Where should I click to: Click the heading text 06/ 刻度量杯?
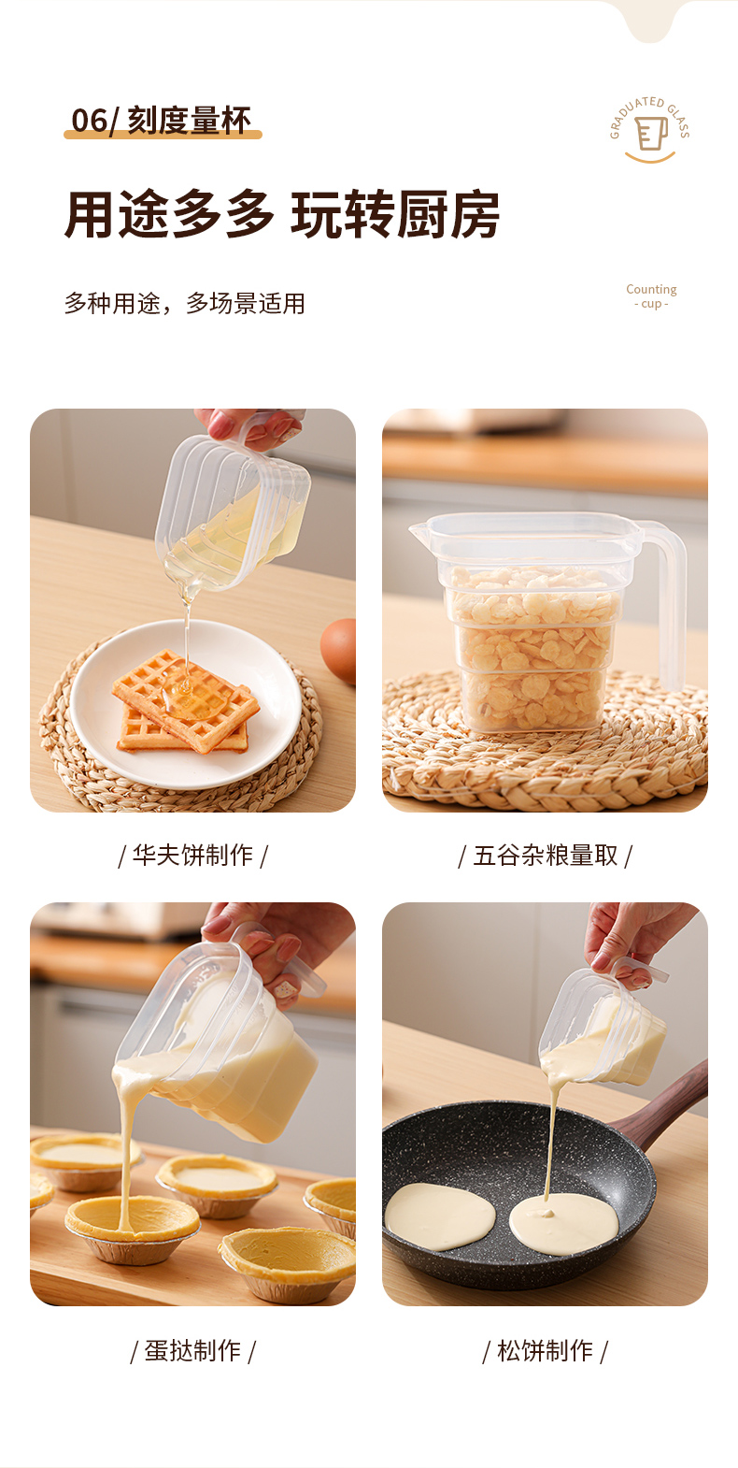point(161,121)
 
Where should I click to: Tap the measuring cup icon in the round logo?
point(651,133)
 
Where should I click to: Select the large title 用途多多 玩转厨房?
point(282,214)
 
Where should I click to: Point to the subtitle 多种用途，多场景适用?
point(184,304)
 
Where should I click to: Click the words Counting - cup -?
point(651,296)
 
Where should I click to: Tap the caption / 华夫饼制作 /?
point(192,856)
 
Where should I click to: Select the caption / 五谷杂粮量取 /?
point(545,856)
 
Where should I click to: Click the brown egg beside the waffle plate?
point(339,650)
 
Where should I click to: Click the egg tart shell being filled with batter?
point(133,1228)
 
